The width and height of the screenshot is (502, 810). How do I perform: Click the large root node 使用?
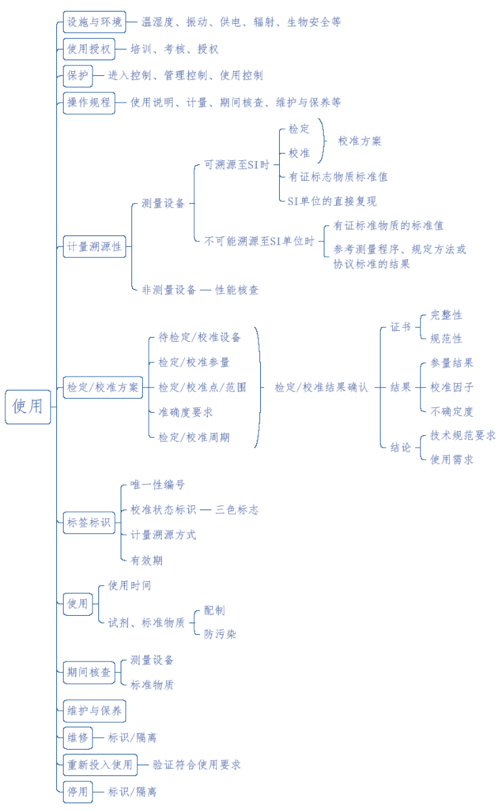28,407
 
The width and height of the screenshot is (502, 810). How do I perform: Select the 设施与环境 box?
93,22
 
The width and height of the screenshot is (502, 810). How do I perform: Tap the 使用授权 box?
89,49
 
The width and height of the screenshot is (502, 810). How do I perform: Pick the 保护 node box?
77,76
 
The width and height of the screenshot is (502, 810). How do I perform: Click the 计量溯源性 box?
94,246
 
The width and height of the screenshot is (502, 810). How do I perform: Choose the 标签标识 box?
89,522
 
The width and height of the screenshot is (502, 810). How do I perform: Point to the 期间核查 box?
89,673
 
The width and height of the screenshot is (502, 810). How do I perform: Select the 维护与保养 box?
94,711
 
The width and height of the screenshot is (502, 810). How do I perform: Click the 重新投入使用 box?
100,764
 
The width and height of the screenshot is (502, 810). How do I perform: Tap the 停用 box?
77,791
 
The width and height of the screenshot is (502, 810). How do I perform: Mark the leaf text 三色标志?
236,510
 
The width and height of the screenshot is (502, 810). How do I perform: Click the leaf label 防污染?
220,633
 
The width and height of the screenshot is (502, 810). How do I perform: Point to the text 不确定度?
451,411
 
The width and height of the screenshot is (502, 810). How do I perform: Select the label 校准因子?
451,388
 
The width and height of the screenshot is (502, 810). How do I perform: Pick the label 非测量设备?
169,290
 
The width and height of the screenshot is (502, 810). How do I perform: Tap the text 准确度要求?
185,412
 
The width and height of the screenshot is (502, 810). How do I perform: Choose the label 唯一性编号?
157,484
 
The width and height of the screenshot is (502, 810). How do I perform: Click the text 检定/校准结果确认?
321,388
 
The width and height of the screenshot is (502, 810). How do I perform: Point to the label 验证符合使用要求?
197,764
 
